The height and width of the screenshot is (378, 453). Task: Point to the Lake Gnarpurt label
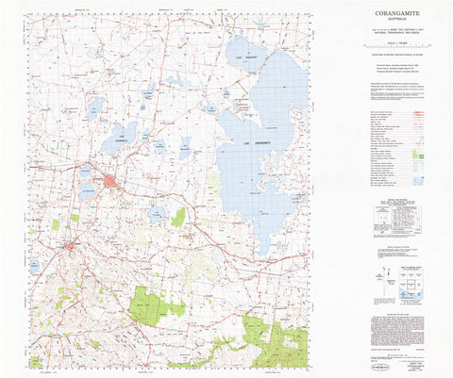point(246,58)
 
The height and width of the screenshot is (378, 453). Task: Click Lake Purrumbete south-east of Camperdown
point(156,215)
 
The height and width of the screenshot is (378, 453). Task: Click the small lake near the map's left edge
point(34,268)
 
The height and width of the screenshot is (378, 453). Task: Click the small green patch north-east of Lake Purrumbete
point(178,217)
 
